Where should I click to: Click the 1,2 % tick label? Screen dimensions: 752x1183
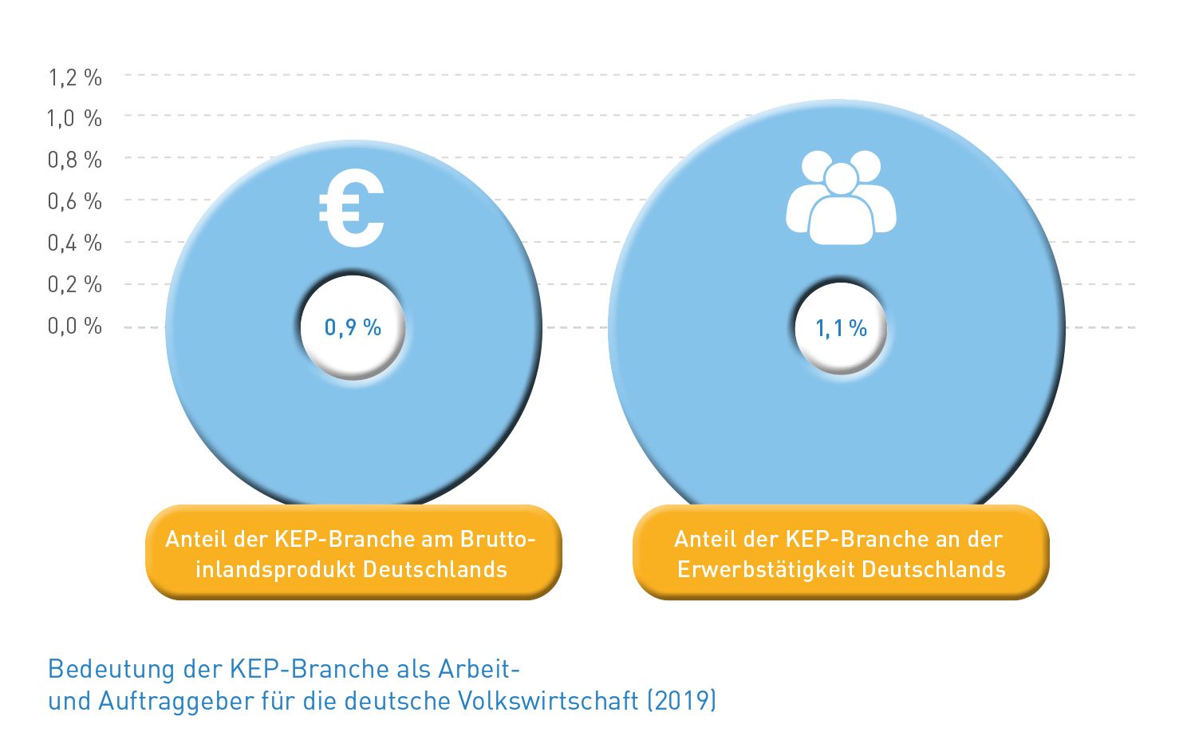point(75,77)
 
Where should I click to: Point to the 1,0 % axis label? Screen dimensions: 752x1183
point(75,119)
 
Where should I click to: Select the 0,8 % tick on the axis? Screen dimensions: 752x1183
point(75,160)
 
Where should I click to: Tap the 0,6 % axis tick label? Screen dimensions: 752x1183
point(75,202)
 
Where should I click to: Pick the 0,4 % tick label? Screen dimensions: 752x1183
point(75,243)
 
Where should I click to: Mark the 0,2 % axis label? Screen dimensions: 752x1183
point(75,285)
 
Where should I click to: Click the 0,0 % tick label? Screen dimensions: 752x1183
point(75,327)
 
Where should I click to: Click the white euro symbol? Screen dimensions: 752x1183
point(353,209)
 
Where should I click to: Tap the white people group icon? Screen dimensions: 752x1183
point(841,197)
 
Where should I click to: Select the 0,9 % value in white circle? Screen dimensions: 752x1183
point(353,327)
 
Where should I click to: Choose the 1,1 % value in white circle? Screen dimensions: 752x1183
point(841,328)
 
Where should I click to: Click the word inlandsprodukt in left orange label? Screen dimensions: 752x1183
point(275,570)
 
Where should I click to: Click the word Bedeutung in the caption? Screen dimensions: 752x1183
point(112,669)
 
